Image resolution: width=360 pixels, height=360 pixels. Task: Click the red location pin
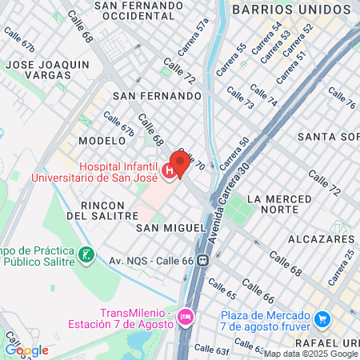click(x=180, y=163)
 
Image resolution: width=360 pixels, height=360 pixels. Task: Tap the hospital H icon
click(x=169, y=170)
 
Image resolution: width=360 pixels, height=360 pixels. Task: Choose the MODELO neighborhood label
click(x=102, y=140)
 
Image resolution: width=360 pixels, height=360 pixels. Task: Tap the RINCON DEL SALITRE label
click(x=102, y=210)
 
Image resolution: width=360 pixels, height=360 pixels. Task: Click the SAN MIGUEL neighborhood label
click(x=171, y=228)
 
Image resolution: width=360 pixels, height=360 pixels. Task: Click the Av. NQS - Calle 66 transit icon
click(x=204, y=260)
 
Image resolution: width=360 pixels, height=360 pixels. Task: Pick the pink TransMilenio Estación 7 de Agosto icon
click(x=186, y=318)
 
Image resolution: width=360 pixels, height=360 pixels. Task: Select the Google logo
click(x=26, y=350)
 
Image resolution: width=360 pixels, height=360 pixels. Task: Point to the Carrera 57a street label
click(x=202, y=36)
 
